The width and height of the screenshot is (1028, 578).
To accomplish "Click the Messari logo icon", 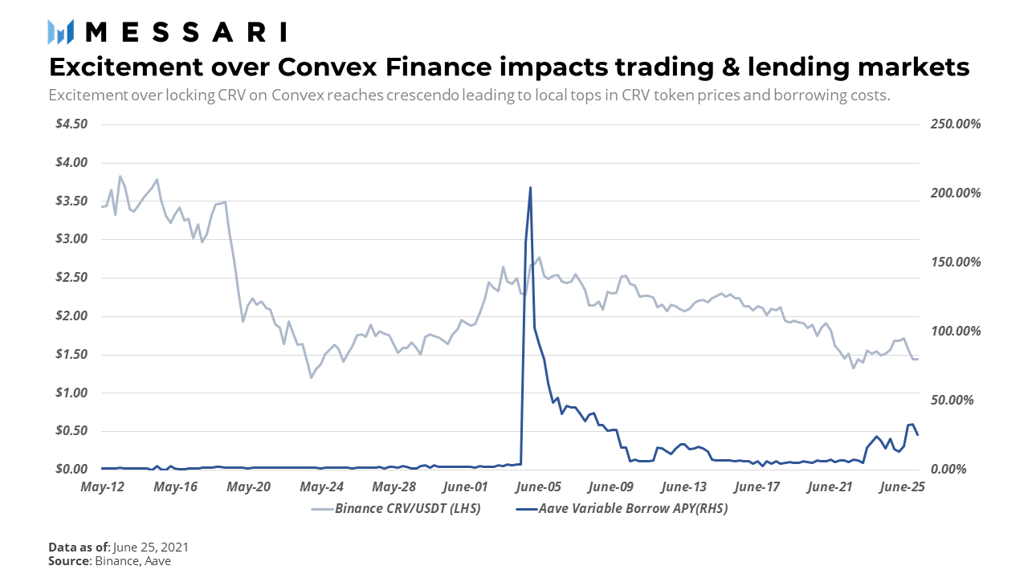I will tap(61, 31).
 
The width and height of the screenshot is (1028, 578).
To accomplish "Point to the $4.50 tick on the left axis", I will tap(71, 124).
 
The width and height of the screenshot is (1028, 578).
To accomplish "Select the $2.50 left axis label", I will tap(71, 278).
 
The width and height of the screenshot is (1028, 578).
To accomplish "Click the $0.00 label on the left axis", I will tap(71, 470).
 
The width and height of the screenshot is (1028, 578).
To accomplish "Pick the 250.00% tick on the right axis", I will tap(955, 124).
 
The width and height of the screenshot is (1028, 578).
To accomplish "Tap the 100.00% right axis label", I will tap(955, 332).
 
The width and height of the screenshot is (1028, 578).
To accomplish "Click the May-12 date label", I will tap(102, 486).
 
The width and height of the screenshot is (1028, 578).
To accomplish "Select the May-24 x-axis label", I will tap(321, 486).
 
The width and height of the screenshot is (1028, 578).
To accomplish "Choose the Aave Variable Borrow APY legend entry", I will tap(622, 509).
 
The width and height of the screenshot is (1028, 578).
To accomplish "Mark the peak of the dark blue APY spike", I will tap(530, 188).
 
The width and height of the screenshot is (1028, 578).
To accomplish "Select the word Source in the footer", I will tap(68, 561).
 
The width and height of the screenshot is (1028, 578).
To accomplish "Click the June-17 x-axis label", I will tap(757, 486).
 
